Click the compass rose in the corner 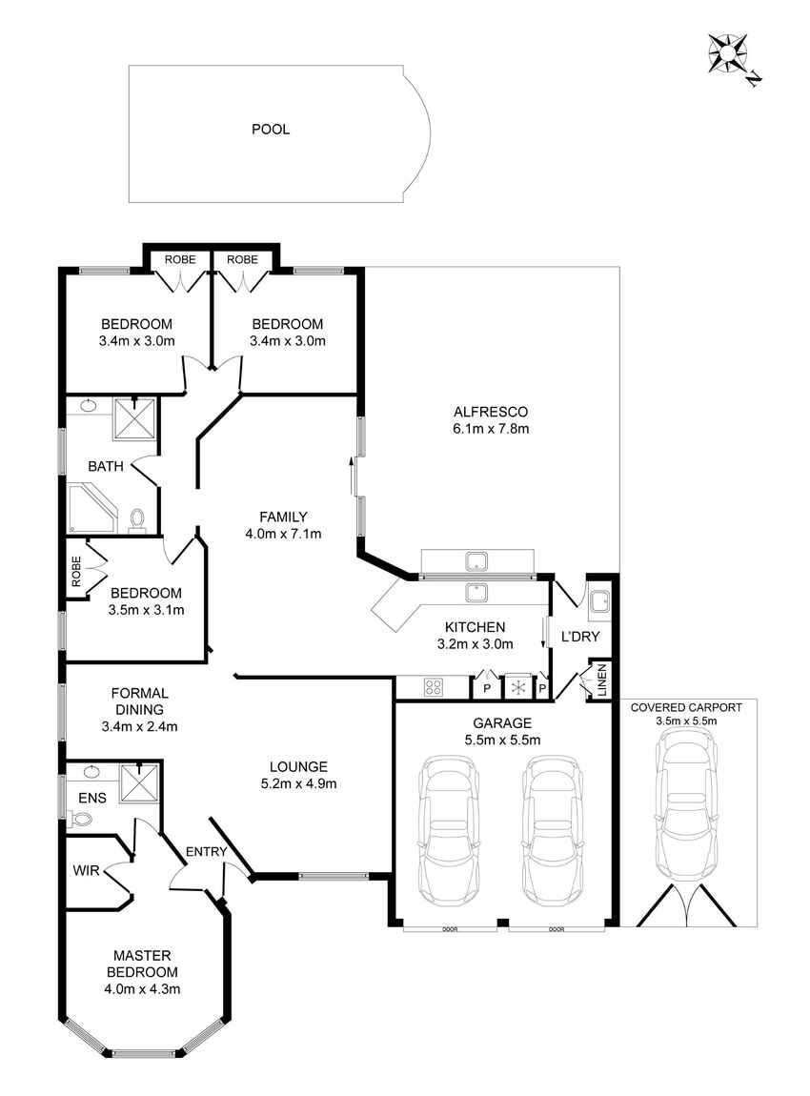click(x=729, y=53)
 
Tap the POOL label click(x=271, y=130)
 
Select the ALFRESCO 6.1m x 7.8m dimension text click(x=491, y=429)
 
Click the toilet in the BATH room click(x=137, y=520)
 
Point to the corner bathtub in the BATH click(x=91, y=506)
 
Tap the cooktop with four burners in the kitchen click(x=434, y=687)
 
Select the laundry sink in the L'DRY click(x=599, y=602)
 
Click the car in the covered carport click(x=686, y=805)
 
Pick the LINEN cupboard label click(x=601, y=680)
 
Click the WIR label click(x=86, y=871)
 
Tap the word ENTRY click(x=206, y=851)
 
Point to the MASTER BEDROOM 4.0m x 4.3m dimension click(x=142, y=989)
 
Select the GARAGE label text click(x=502, y=722)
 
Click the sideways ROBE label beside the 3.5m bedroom click(x=76, y=571)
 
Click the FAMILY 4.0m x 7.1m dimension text click(x=283, y=534)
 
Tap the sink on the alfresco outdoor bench click(x=476, y=560)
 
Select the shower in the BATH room click(x=133, y=418)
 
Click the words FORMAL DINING click(x=140, y=701)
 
